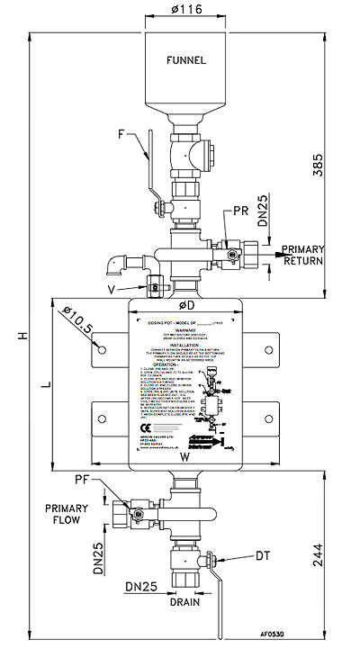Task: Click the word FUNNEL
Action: (185, 61)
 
